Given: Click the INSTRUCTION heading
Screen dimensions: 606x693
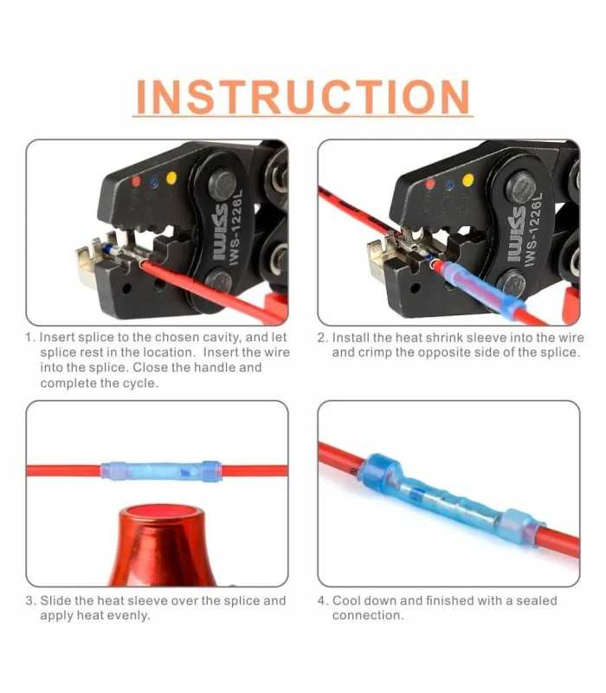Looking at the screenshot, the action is pyautogui.click(x=303, y=96).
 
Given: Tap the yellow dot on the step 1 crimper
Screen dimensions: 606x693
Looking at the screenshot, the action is pyautogui.click(x=171, y=178).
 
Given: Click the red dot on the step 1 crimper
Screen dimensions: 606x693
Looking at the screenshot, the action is pyautogui.click(x=136, y=181).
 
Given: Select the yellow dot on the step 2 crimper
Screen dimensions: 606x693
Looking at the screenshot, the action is pyautogui.click(x=467, y=180).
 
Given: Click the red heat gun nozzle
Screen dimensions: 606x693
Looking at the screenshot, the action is pyautogui.click(x=162, y=546).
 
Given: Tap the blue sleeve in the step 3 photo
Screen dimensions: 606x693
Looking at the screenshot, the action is pyautogui.click(x=161, y=471).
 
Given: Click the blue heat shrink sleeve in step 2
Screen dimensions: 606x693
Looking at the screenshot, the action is pyautogui.click(x=484, y=288).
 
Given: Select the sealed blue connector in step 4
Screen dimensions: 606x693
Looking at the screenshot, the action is pyautogui.click(x=451, y=499).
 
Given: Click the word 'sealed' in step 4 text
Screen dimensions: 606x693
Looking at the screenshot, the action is pyautogui.click(x=537, y=600).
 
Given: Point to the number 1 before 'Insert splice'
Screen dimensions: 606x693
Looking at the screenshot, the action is pyautogui.click(x=29, y=337).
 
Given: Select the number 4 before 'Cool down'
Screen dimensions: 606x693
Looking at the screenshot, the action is pyautogui.click(x=322, y=600).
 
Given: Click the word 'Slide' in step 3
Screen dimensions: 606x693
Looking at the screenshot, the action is pyautogui.click(x=55, y=600).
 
